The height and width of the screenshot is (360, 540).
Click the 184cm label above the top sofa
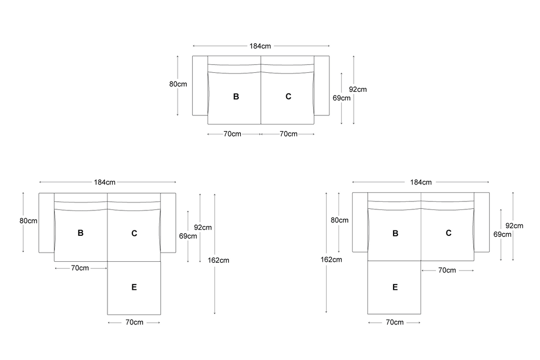260,46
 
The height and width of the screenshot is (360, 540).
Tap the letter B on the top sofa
236,97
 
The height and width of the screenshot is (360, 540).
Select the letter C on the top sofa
288,97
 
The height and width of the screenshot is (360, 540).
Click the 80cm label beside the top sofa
178,84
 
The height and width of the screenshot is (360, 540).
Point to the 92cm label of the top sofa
357,89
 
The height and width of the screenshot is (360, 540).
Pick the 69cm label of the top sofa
341,98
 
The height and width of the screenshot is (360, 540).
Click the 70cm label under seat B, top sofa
232,134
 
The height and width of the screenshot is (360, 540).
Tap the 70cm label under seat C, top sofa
288,134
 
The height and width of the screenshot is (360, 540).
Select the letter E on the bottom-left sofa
134,287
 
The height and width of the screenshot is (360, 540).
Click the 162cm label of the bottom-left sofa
218,260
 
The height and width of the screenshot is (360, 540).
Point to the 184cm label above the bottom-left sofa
105,182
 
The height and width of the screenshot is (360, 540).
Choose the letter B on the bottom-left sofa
80,233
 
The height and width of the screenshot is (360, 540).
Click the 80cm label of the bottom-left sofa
29,221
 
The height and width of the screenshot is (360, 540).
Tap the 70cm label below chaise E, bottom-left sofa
134,322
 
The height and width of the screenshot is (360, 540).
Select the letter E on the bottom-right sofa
395,287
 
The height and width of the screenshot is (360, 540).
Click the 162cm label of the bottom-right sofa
331,259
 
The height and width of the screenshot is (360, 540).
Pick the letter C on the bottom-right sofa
449,233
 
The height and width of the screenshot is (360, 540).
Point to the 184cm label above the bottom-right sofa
421,182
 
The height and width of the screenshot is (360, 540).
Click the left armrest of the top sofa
200,85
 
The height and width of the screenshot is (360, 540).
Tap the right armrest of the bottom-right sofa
482,222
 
